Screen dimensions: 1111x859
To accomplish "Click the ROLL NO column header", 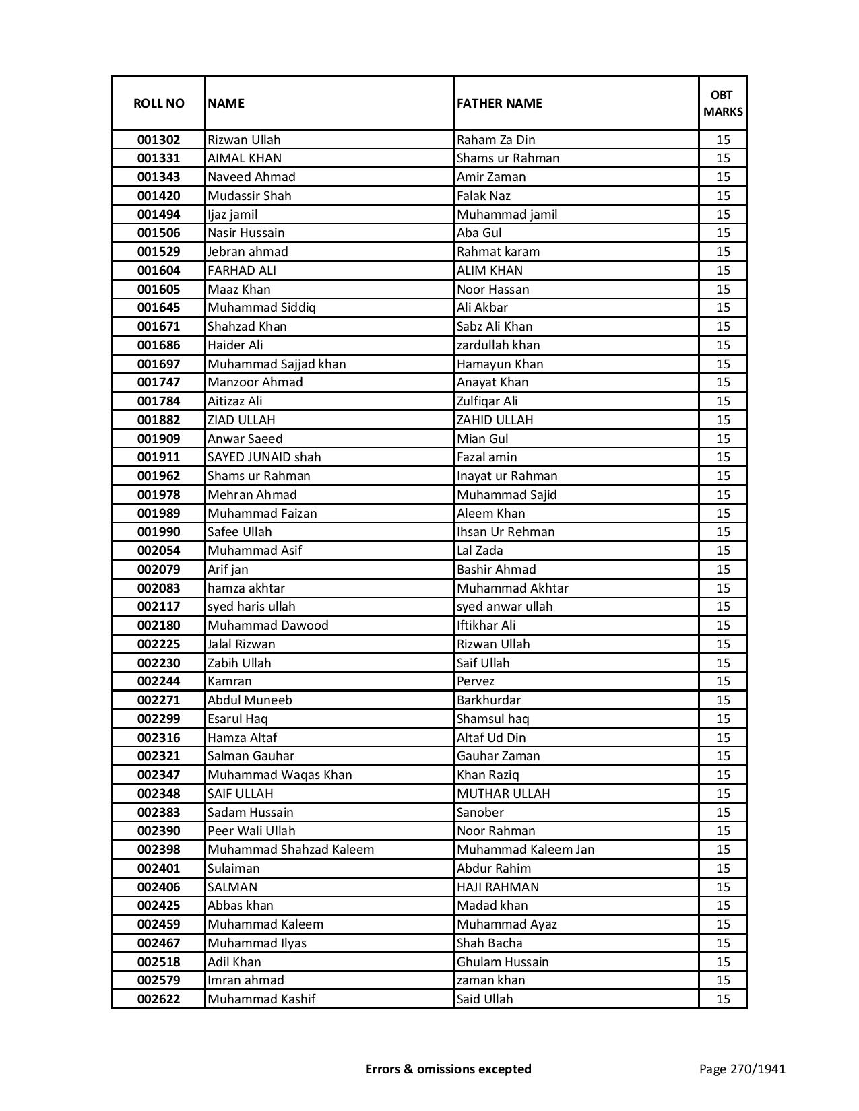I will (x=158, y=103).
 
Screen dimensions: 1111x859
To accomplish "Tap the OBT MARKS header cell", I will (x=723, y=103).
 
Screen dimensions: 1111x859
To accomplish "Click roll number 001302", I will (x=158, y=140).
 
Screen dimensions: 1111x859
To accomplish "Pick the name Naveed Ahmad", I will (x=251, y=177).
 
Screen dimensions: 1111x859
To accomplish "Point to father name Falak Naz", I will (x=484, y=196).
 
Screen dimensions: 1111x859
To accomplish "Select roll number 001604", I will (x=158, y=271).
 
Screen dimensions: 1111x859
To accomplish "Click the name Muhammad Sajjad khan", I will (x=276, y=364).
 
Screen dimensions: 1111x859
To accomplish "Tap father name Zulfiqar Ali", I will (x=487, y=401).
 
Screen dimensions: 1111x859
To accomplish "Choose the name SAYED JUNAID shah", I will (x=264, y=457).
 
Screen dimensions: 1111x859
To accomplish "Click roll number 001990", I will (x=158, y=532).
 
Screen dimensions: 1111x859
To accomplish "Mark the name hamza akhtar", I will (x=246, y=588).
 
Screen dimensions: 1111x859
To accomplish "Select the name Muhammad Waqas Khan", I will (x=280, y=775).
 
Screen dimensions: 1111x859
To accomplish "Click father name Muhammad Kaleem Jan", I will (x=526, y=850).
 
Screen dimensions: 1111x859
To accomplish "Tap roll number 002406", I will (x=158, y=887).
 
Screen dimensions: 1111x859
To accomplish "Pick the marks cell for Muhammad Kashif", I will (x=723, y=999).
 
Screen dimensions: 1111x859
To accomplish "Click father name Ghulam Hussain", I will (x=503, y=962).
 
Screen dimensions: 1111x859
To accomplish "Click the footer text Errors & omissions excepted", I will (x=448, y=1069).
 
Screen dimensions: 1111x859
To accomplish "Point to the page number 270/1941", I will (x=742, y=1069).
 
